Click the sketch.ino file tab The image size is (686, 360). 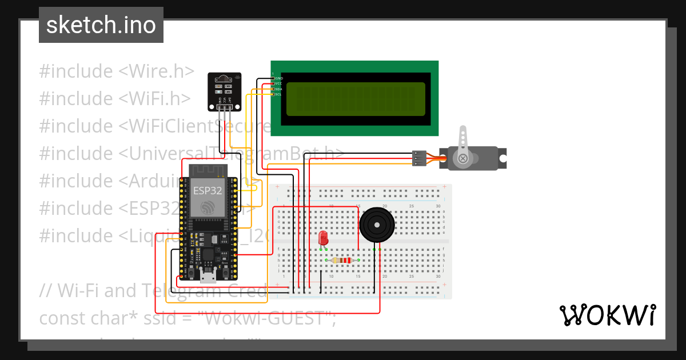[101, 25]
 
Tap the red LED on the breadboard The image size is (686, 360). [323, 238]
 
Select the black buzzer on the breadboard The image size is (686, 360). [377, 225]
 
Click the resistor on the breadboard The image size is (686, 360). [342, 261]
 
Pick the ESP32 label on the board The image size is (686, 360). [208, 191]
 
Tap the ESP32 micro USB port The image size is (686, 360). [208, 278]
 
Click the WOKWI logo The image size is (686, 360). [607, 315]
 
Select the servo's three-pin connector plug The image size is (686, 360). [419, 158]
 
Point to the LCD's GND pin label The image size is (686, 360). [279, 78]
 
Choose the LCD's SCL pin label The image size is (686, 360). [278, 94]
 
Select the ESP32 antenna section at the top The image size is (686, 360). [208, 171]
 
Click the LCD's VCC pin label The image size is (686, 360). [278, 83]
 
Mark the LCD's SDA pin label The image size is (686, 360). [278, 89]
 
